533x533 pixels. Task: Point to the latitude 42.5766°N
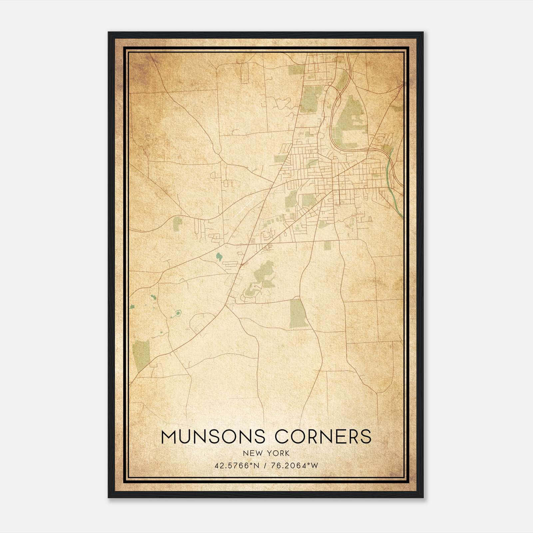pos(237,466)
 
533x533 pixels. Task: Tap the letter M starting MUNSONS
pos(169,437)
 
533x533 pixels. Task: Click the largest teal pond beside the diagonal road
pos(219,257)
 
